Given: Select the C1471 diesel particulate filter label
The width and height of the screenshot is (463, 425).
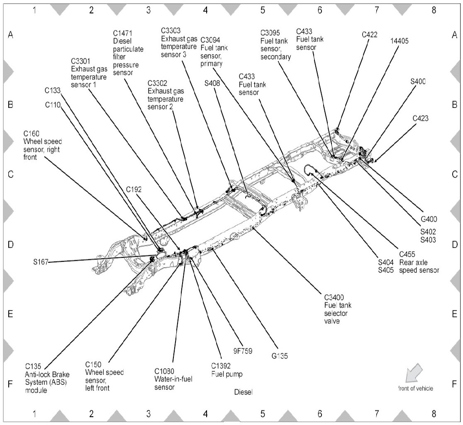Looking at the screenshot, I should pyautogui.click(x=128, y=53).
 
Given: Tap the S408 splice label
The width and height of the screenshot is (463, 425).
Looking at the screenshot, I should pyautogui.click(x=212, y=83).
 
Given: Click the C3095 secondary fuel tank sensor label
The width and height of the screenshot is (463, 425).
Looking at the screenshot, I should pyautogui.click(x=275, y=44).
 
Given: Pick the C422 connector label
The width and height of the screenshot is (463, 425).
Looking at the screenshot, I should pyautogui.click(x=369, y=35).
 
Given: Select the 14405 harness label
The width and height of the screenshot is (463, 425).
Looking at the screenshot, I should pyautogui.click(x=400, y=41).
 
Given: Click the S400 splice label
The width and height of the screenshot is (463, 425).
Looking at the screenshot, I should pyautogui.click(x=418, y=81).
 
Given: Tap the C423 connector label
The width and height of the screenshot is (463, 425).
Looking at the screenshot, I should pyautogui.click(x=420, y=118).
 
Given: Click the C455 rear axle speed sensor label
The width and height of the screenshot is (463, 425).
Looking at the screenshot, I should pyautogui.click(x=419, y=262).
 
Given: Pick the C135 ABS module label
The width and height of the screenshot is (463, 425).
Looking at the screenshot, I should pyautogui.click(x=41, y=379).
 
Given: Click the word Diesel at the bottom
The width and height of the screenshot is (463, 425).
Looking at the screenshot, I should pyautogui.click(x=243, y=392).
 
